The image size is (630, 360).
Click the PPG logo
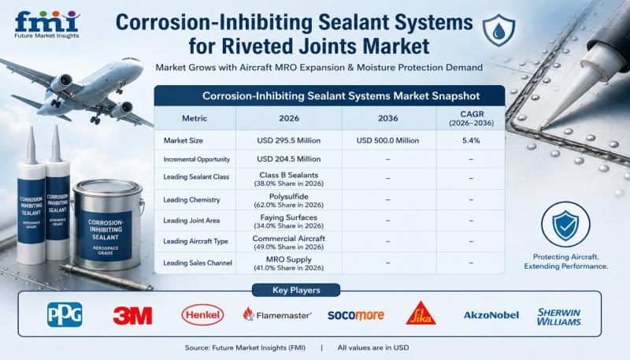coord(65,314)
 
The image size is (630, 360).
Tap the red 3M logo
coord(132,315)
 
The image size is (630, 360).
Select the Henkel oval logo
coord(202,314)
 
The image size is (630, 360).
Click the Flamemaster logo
coord(277,314)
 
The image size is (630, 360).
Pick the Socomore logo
coord(356,315)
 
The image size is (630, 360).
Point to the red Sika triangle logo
coord(421,313)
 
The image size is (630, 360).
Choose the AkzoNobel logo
coord(491,315)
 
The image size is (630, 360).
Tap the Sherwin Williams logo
coord(559,317)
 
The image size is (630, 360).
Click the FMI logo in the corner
coord(47,24)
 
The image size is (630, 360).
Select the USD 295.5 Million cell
coord(289,141)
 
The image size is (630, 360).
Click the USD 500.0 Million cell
coord(387,141)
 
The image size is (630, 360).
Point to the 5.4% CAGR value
coord(471,141)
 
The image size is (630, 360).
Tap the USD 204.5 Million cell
coord(289,159)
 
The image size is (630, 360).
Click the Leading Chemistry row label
coord(191,199)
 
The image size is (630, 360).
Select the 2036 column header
coord(387,118)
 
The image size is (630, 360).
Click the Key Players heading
coord(296,290)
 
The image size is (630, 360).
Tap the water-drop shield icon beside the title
coord(498,30)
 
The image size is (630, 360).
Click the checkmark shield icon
coord(565,225)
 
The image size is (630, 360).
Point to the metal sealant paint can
coord(107,225)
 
